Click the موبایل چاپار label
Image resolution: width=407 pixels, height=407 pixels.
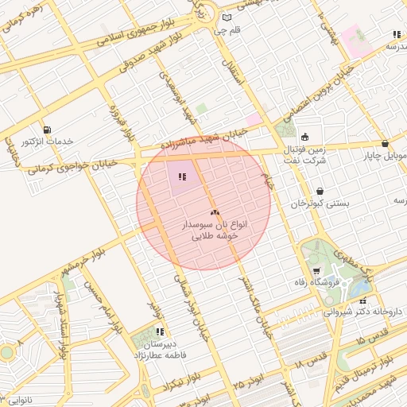pos(385,156)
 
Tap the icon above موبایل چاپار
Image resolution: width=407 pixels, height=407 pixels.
pos(386,144)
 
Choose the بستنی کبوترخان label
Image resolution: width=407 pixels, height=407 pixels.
pos(319,204)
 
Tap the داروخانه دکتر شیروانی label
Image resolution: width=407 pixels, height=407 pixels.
pos(364,313)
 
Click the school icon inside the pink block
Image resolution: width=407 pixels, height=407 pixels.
pos(182,176)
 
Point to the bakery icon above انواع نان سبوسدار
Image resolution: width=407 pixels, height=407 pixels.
pos(214,212)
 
